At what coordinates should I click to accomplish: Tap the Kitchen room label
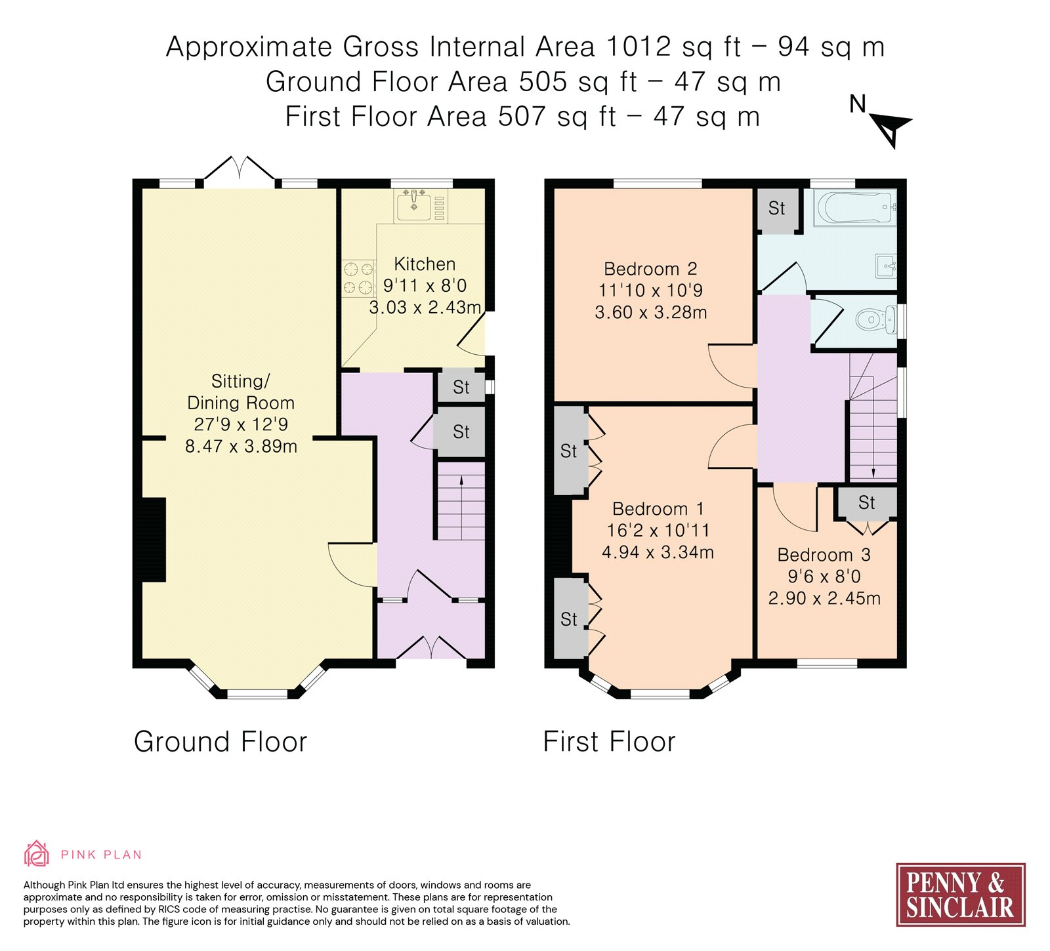(x=425, y=264)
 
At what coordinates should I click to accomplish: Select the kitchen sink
(x=414, y=205)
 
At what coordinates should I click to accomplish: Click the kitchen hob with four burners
(x=358, y=278)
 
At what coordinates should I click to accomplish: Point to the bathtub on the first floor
(x=854, y=208)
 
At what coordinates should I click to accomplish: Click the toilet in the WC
(x=875, y=320)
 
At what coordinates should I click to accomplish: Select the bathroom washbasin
(x=886, y=266)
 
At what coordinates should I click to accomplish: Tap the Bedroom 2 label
(x=650, y=269)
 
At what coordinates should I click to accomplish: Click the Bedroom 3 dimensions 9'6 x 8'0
(x=824, y=577)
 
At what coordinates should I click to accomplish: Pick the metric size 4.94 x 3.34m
(x=658, y=552)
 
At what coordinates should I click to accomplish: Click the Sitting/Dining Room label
(x=241, y=392)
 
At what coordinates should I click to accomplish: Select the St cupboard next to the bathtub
(x=777, y=209)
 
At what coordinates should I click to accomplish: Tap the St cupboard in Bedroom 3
(x=867, y=502)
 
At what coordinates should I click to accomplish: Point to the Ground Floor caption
(x=220, y=742)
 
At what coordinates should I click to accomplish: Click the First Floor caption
(x=609, y=742)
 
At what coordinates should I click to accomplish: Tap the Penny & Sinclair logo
(x=960, y=895)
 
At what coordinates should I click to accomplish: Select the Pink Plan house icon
(x=37, y=854)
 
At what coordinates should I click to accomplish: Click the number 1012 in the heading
(x=639, y=47)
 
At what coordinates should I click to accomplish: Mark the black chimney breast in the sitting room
(x=154, y=540)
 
